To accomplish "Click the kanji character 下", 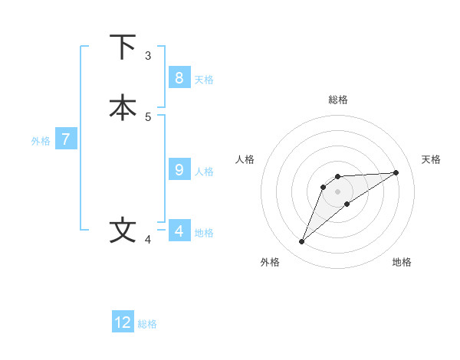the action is (x=123, y=47).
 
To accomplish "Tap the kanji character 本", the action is (x=123, y=108).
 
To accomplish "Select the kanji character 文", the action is (x=123, y=231).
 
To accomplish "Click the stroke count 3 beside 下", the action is (x=148, y=56).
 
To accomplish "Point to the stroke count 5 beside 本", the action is (x=148, y=116).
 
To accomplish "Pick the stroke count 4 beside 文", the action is (x=148, y=240).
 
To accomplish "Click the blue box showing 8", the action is (x=179, y=77).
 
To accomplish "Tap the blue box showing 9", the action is (x=179, y=169).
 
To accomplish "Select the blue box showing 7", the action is (x=66, y=139).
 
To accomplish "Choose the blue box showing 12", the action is (x=123, y=322).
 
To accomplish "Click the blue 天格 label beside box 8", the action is (x=204, y=80).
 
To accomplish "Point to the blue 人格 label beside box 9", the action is (x=204, y=172).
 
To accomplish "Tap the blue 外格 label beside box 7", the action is (x=41, y=141).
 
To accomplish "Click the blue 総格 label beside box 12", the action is (x=147, y=324).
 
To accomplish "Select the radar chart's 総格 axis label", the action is (x=337, y=100).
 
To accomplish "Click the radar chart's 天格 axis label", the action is (x=432, y=159).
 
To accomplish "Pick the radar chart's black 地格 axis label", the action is (x=402, y=262).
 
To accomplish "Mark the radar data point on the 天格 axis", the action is (x=396, y=172).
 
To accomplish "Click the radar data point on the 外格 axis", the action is (x=301, y=242).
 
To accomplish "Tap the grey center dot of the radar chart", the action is (x=337, y=191).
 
